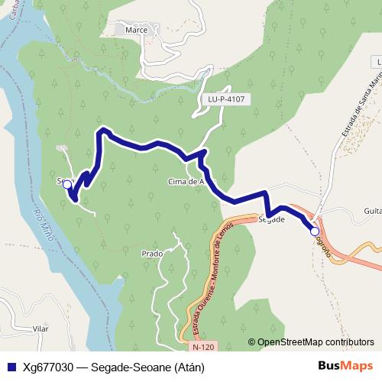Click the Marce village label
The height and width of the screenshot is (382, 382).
(136, 30)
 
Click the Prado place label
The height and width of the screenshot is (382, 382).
(154, 252)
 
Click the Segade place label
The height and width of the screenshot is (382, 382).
(272, 219)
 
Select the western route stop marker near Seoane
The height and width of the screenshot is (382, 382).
(67, 184)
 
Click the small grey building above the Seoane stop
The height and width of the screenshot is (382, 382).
(62, 148)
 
